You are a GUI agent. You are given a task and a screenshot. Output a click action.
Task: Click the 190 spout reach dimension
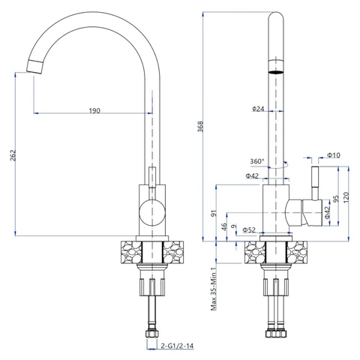[94, 110]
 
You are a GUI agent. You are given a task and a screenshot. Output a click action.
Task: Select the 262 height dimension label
[13, 155]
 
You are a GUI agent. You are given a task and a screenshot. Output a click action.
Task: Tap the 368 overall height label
[201, 126]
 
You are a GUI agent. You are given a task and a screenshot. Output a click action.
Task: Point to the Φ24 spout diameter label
[258, 109]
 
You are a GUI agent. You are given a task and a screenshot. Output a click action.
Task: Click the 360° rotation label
[257, 161]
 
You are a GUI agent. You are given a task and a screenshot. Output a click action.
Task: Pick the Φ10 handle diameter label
[334, 155]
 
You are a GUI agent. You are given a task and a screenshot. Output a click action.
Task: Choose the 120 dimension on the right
[346, 197]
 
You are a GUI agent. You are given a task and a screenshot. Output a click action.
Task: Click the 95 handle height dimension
[337, 199]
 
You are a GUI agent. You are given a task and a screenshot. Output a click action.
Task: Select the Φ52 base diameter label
[249, 229]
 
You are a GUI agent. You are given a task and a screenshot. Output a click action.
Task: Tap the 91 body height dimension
[214, 213]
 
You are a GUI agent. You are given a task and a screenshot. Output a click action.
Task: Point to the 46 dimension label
[224, 226]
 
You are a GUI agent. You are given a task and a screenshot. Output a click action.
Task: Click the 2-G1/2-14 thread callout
[177, 346]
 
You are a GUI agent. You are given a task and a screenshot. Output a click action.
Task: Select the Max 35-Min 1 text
[214, 289]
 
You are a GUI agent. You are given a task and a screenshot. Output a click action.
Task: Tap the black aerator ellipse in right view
[276, 72]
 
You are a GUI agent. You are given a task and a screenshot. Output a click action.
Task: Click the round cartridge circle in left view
[152, 211]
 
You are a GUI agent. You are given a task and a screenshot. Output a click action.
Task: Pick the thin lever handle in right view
[315, 183]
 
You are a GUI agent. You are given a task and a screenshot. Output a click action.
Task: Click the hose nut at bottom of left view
[151, 334]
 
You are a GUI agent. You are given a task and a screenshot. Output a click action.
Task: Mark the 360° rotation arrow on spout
[279, 165]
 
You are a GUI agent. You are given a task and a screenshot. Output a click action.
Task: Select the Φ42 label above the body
[252, 176]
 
